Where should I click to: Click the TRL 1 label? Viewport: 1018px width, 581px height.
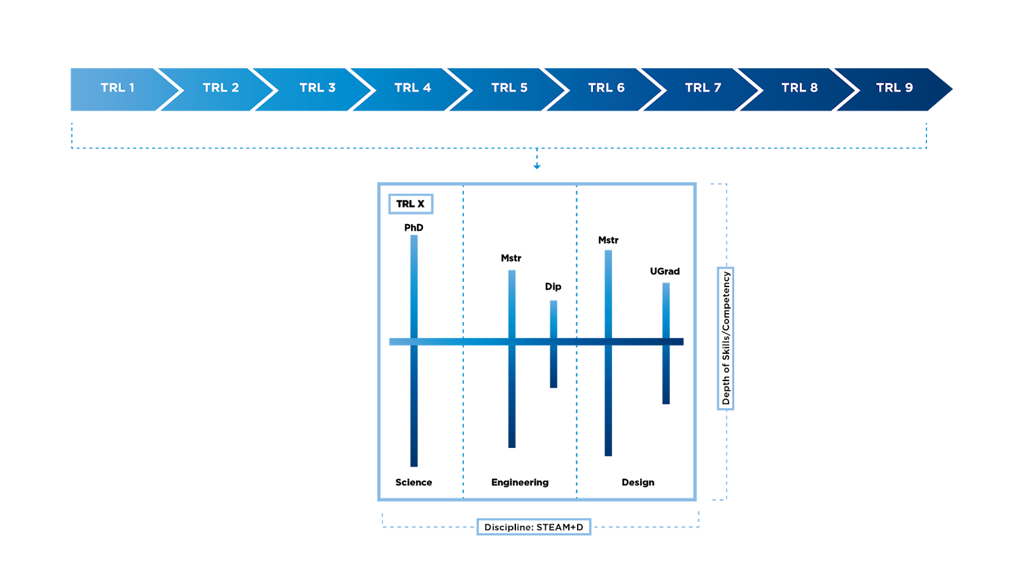point(118,88)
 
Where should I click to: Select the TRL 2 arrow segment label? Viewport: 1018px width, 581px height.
point(221,88)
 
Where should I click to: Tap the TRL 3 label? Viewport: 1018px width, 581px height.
point(317,88)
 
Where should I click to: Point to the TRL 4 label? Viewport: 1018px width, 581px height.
point(412,88)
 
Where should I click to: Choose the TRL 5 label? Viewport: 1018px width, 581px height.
point(509,88)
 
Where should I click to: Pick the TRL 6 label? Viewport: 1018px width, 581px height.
point(606,88)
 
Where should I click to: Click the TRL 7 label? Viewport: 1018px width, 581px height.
point(703,88)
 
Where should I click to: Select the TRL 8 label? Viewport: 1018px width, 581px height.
point(799,88)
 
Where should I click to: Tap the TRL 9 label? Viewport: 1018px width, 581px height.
point(894,88)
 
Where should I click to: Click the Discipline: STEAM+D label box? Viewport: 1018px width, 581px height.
point(534,527)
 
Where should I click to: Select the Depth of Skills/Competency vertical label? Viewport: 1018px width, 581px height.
point(725,339)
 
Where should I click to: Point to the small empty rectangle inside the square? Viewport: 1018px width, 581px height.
point(411,204)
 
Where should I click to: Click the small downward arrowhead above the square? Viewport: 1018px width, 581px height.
point(537,166)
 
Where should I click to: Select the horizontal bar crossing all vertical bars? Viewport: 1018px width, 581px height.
point(484,342)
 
